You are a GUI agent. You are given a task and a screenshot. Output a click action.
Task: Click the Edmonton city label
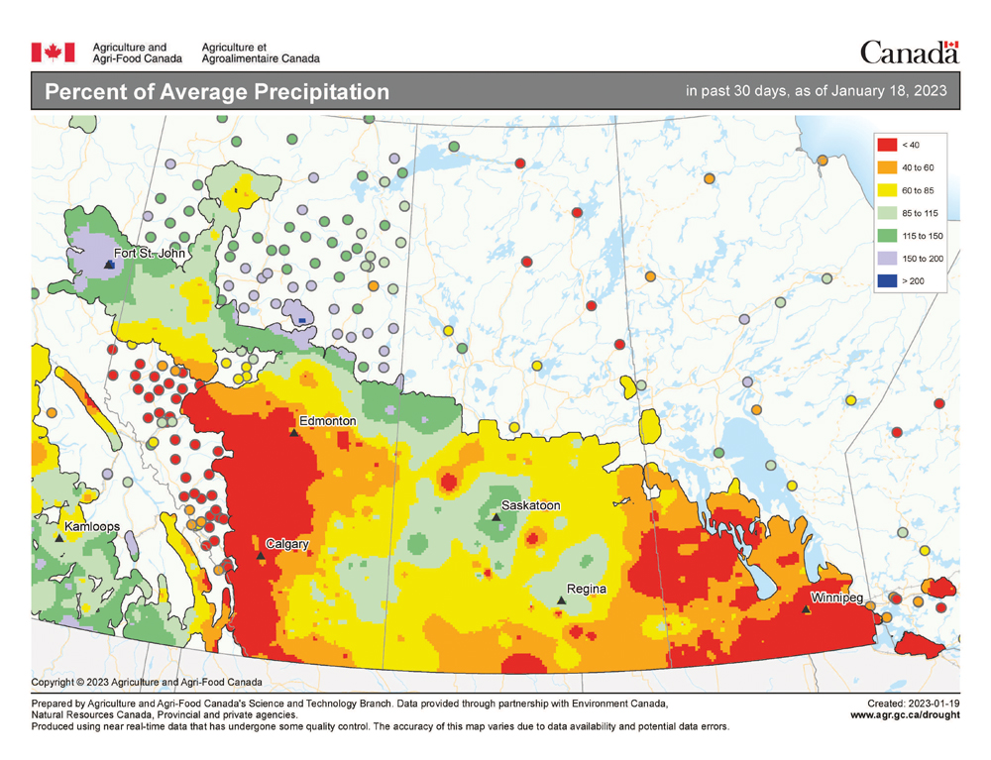327,421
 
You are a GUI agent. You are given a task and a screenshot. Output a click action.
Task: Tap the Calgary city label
287,544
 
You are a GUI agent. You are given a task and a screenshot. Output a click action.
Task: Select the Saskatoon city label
530,505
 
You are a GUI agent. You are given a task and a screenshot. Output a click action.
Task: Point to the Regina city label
586,590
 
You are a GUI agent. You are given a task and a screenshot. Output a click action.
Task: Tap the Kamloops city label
94,526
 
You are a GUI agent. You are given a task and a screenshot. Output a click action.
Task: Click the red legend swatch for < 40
887,145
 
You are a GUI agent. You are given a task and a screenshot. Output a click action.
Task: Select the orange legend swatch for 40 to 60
887,167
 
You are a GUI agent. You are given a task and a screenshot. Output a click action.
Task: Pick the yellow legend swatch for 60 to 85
887,190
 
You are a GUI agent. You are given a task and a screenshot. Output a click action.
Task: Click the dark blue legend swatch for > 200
887,281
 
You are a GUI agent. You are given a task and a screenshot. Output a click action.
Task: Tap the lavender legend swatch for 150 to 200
887,259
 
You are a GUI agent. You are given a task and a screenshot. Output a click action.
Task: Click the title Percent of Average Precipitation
217,92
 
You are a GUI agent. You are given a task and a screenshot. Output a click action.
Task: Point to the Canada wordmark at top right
909,52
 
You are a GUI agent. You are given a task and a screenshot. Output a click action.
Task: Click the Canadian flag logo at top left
54,52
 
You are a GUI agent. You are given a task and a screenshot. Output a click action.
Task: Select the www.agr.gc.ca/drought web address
905,714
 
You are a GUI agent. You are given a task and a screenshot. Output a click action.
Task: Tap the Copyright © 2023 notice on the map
147,682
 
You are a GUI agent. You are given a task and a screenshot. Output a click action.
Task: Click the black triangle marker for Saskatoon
495,516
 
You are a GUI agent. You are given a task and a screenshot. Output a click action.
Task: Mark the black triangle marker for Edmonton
293,432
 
